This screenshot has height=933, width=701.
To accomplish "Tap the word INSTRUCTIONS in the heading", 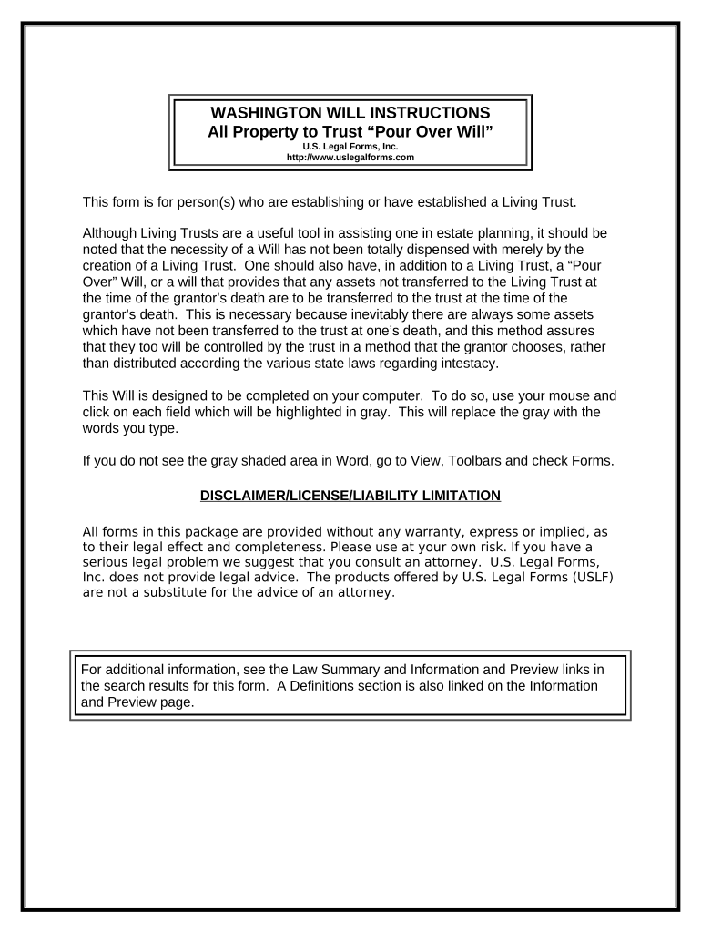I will (x=432, y=113).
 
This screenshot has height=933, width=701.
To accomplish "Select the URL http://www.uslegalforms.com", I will (x=350, y=157).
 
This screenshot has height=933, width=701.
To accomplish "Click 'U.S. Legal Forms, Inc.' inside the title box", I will (x=350, y=146).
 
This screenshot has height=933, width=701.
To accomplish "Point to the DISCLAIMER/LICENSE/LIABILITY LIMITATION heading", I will (x=350, y=496).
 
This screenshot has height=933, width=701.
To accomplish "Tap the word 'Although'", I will (x=111, y=232).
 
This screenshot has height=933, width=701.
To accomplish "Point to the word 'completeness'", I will (x=274, y=548).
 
